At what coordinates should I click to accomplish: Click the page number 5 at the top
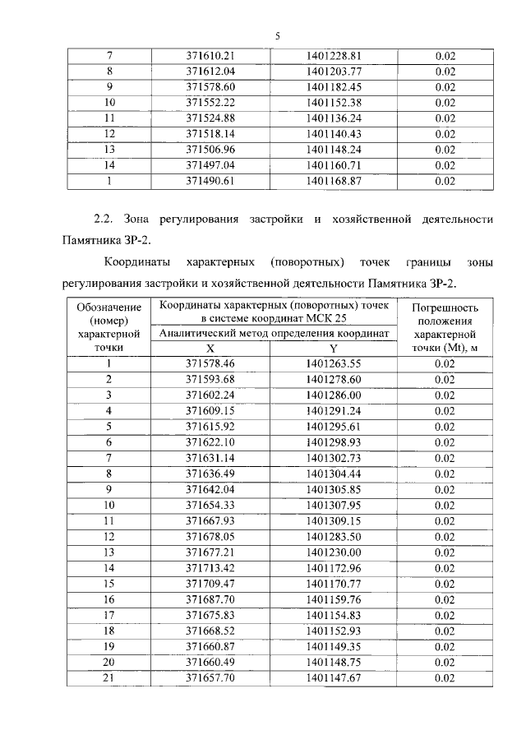click(277, 35)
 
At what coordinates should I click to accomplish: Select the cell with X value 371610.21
click(210, 56)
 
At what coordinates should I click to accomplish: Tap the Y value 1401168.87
click(334, 181)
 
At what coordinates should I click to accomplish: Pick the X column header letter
click(210, 348)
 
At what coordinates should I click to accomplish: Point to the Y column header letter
click(334, 348)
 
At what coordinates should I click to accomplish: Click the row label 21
click(108, 678)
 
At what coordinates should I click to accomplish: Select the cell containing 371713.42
click(210, 567)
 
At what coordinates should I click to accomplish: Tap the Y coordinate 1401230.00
click(334, 552)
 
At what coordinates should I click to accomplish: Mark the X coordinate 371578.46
click(210, 363)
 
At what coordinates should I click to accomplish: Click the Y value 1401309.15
click(334, 520)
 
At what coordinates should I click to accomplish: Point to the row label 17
click(108, 615)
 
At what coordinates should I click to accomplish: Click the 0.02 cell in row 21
click(445, 678)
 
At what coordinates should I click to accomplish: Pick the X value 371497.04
click(210, 165)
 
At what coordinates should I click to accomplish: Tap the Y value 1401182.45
click(334, 87)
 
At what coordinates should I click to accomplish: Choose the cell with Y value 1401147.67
click(334, 678)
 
